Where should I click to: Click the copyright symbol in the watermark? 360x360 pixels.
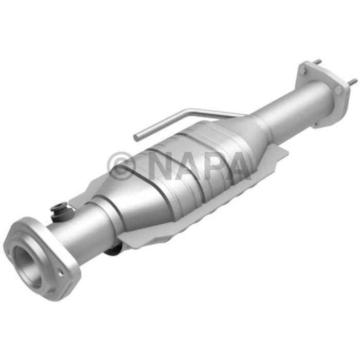coord(121,165)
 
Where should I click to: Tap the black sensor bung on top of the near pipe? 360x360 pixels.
coord(59,211)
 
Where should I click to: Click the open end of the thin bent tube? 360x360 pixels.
coord(137,137)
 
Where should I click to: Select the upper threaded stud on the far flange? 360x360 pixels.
coord(317,61)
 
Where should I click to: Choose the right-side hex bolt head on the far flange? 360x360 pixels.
coord(338,89)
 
